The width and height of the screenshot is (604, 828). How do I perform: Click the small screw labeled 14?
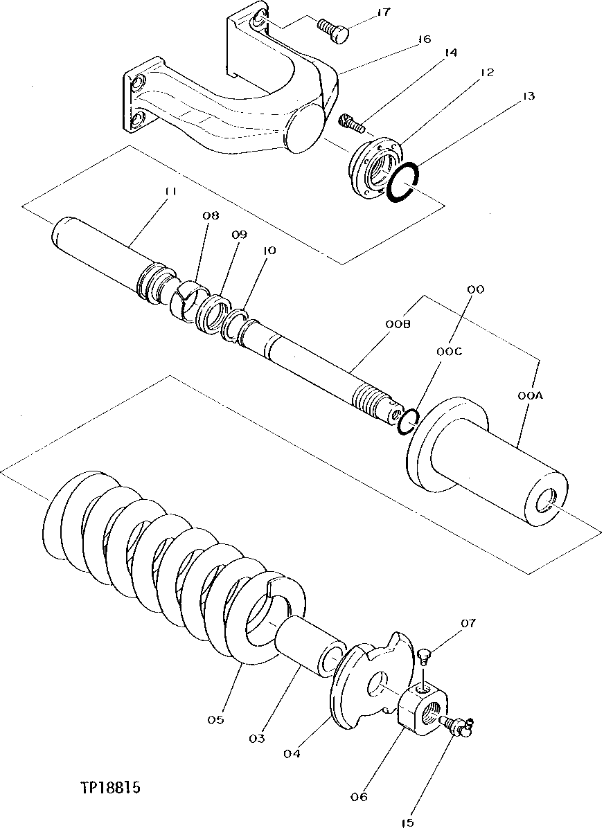tap(352, 123)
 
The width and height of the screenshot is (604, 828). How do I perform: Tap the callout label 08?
tap(211, 216)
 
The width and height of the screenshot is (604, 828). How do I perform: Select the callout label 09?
tap(239, 235)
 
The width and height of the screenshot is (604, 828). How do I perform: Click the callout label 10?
tap(269, 250)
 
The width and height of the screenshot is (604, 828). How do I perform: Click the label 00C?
tap(449, 351)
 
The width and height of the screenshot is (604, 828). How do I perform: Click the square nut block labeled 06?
tap(419, 706)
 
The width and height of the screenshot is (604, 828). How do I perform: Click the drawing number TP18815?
tap(111, 789)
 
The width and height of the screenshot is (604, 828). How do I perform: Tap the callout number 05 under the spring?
tap(215, 719)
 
